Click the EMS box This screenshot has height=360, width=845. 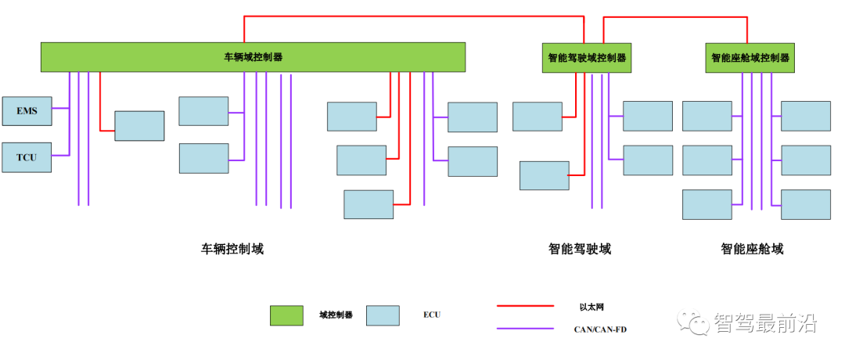coord(27,111)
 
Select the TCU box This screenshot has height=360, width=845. coord(27,157)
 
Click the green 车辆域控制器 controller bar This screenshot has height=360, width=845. coord(253,57)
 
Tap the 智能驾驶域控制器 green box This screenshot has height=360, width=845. coord(587,58)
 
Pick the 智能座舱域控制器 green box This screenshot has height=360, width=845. coord(750,58)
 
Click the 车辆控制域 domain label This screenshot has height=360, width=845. coord(232,250)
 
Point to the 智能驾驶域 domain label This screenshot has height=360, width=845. coord(579,250)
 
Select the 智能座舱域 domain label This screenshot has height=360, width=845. coord(752,250)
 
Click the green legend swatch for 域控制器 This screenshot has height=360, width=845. coord(286,315)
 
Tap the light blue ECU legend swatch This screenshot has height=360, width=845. coord(383,315)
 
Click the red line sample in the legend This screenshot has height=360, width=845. coord(525,306)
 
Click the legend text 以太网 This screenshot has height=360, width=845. coord(591,306)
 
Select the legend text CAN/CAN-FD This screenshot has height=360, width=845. coord(600,329)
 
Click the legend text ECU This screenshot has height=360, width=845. coord(432,315)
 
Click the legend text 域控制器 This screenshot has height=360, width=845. coord(336,315)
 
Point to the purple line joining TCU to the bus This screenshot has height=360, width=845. coord(60,156)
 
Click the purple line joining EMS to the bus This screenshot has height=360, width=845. coord(60,110)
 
